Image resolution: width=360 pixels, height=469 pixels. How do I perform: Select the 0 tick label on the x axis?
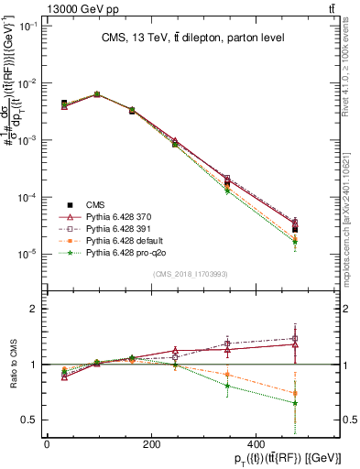(x=47, y=444)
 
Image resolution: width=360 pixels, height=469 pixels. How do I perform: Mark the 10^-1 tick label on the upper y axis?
(x=28, y=26)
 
